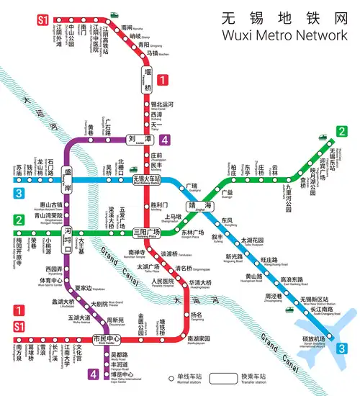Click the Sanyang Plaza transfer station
(x=147, y=232)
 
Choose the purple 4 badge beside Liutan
(x=165, y=140)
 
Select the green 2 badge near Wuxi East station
(x=341, y=132)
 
